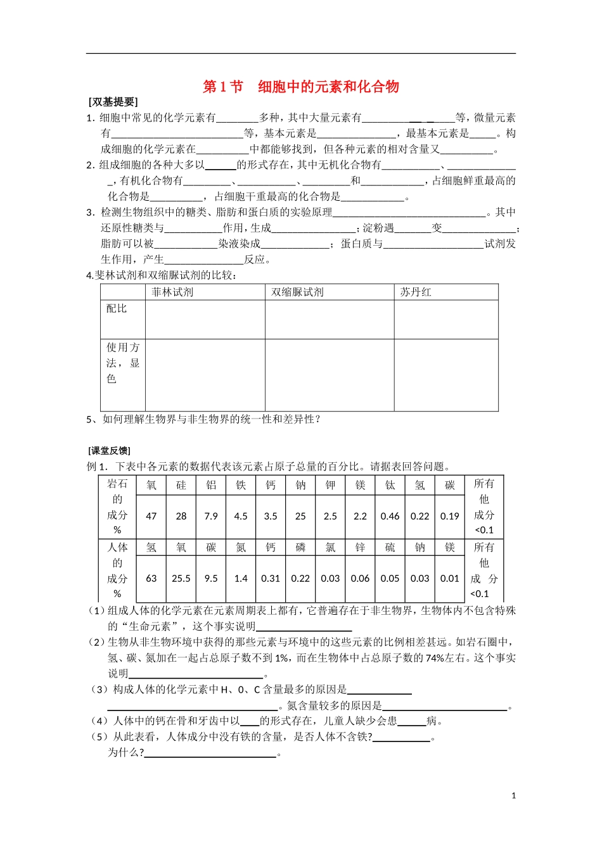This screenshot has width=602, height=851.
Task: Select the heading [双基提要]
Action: point(113,102)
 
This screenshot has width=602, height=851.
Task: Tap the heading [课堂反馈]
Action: point(109,451)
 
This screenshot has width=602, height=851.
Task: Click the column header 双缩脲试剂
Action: point(297,292)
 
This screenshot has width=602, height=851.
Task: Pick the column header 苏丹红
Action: point(416,292)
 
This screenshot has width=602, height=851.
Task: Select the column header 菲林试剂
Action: point(172,292)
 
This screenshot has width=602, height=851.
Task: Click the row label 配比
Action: point(117,308)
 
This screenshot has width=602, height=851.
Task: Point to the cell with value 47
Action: point(151,516)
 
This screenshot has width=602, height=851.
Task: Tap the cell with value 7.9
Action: point(211,516)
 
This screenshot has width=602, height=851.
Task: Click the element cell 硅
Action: point(181,485)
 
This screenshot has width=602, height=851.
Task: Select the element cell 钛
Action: point(390,485)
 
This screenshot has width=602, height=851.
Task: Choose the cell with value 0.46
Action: point(390,516)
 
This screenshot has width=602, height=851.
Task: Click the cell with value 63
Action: point(151,578)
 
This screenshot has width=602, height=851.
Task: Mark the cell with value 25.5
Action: point(181,578)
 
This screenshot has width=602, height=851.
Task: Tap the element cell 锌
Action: point(360,548)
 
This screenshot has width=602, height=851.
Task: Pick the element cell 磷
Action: point(300,548)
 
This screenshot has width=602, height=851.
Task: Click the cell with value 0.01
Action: point(450,578)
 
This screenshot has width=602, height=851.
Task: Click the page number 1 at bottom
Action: point(513,796)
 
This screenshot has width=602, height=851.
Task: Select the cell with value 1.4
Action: point(241,578)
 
